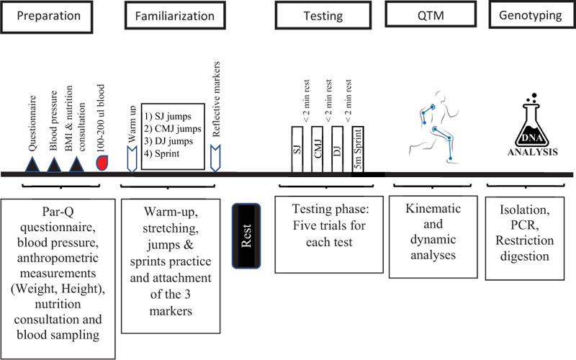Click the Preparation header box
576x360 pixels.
47,17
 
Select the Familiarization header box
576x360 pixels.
175,15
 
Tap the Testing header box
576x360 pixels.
323,15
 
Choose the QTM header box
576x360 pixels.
431,14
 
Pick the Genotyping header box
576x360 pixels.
532,14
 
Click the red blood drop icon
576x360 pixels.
102,163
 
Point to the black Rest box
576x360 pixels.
246,236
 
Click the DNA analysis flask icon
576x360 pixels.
533,125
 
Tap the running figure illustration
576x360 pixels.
434,127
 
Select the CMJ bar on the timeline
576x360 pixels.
318,149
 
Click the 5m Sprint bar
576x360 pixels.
358,149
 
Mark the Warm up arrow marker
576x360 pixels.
132,159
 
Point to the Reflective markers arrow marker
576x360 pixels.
215,158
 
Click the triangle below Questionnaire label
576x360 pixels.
32,164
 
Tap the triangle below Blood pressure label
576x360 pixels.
55,165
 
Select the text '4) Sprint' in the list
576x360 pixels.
161,153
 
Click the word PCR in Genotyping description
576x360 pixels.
525,225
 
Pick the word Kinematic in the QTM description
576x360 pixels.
433,208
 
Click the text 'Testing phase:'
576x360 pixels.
330,209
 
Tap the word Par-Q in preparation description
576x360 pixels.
58,212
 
